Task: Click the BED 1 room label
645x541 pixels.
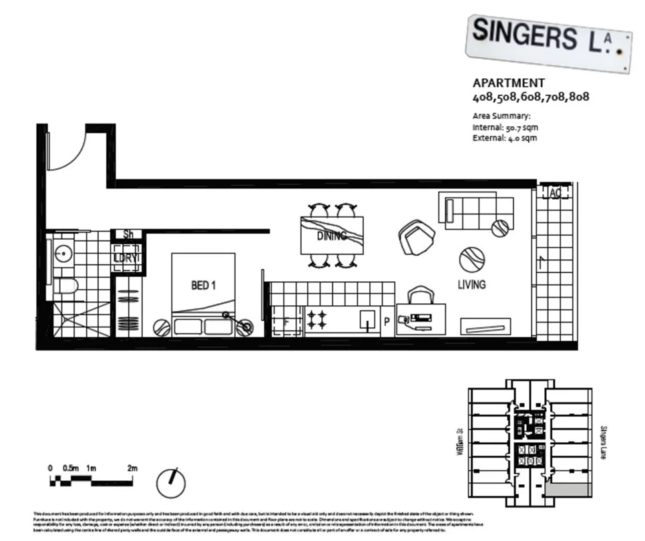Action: (203, 286)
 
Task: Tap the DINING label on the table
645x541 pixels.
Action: (331, 236)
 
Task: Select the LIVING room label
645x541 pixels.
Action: (471, 285)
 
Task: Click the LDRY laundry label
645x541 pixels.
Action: (126, 258)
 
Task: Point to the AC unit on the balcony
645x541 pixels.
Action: (555, 192)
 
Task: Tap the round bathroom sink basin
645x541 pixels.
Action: (64, 254)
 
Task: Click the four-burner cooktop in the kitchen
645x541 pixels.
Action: (316, 319)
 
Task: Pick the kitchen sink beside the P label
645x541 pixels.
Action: (367, 319)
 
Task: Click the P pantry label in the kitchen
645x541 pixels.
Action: (386, 323)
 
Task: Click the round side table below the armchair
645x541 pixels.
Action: (471, 259)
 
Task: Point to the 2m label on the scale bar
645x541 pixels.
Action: (132, 468)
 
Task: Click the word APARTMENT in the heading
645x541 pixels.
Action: (508, 83)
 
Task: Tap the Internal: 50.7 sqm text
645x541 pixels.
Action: (505, 127)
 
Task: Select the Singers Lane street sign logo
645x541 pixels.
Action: (549, 41)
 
